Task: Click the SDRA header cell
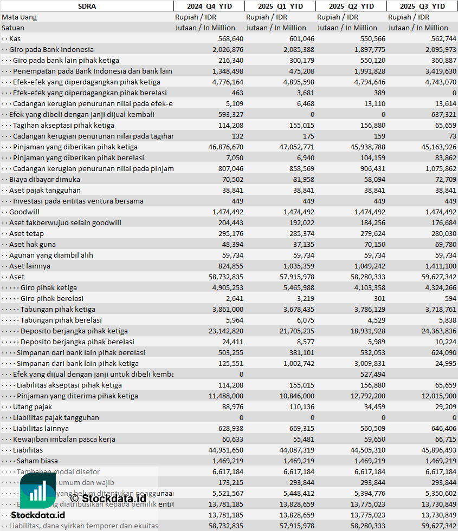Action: (x=87, y=6)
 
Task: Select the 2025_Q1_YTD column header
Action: (x=280, y=6)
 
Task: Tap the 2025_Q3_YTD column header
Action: (x=422, y=6)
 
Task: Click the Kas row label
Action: (x=15, y=38)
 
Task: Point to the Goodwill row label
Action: (x=24, y=212)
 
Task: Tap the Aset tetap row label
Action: (x=27, y=233)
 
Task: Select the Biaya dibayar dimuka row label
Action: (x=44, y=179)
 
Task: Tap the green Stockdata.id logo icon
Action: (x=38, y=491)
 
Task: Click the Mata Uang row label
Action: (x=20, y=17)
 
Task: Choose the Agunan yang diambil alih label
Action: (x=51, y=255)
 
